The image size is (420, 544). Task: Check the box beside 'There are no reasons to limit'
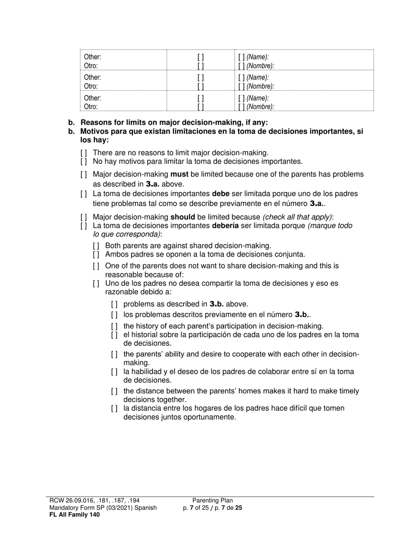[84, 153]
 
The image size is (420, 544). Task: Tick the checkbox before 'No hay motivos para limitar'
[84, 161]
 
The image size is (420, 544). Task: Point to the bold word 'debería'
[229, 226]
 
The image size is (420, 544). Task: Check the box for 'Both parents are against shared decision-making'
[96, 246]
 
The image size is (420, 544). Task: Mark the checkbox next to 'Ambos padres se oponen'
[96, 254]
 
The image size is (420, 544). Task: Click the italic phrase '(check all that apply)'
[297, 217]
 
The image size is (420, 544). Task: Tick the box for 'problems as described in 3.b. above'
[115, 304]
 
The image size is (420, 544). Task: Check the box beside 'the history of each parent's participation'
[115, 326]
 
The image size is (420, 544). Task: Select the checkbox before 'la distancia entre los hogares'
[115, 408]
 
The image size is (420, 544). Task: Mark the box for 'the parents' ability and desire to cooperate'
[115, 354]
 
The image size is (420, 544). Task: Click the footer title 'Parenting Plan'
[212, 501]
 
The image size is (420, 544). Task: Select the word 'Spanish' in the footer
[144, 508]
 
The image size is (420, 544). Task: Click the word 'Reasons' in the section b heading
[95, 123]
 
